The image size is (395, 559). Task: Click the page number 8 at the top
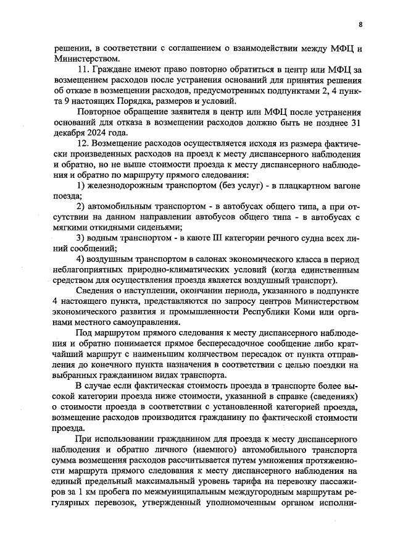coord(360,25)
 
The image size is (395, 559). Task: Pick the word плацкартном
coord(309,186)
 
